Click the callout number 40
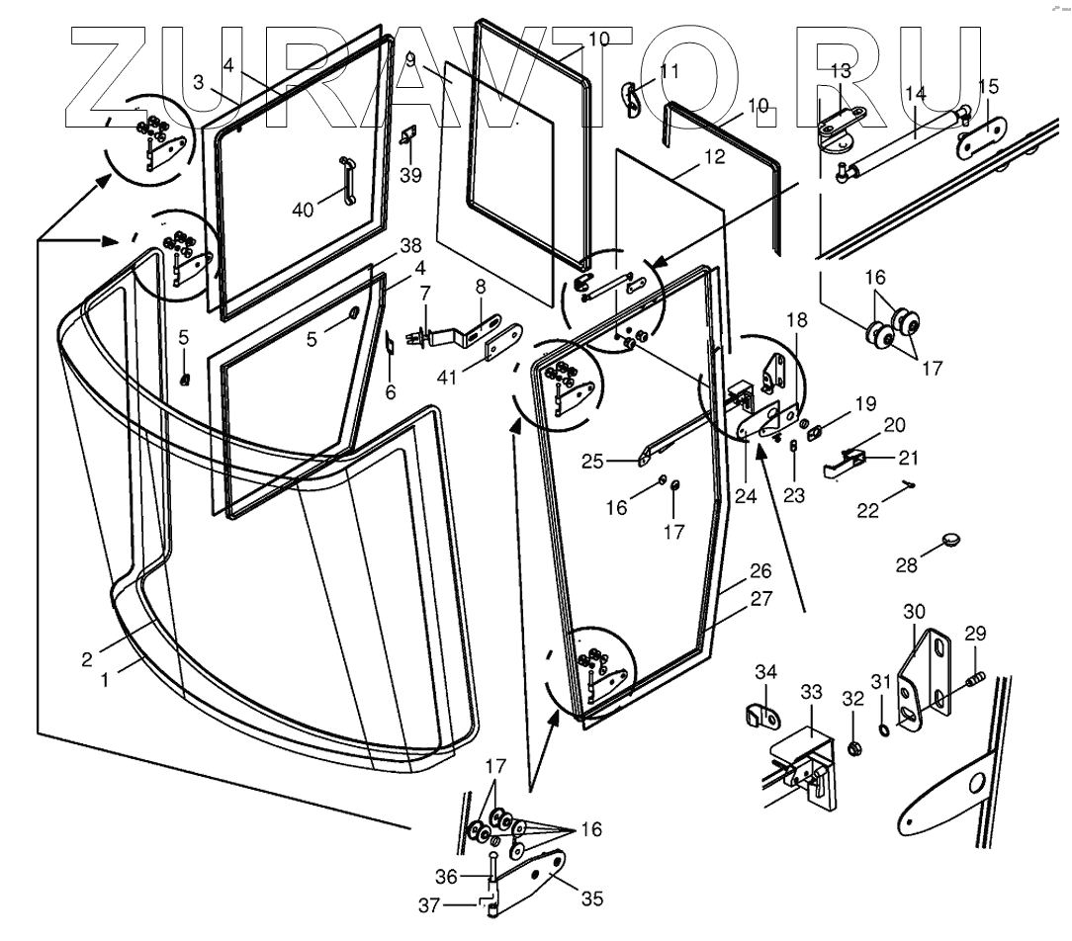click(303, 210)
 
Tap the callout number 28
click(907, 565)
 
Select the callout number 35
click(592, 898)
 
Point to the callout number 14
click(916, 93)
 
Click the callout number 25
click(592, 462)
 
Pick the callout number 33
click(811, 692)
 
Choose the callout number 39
click(410, 175)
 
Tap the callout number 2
click(86, 659)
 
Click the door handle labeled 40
click(348, 180)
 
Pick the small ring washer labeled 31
click(883, 731)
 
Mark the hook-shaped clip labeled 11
click(632, 99)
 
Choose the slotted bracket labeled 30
click(924, 681)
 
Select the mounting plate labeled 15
click(981, 138)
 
